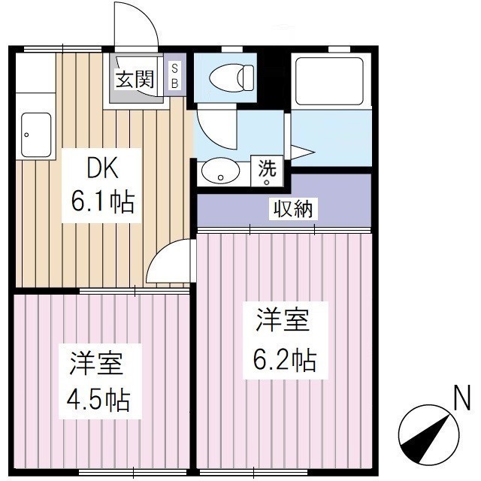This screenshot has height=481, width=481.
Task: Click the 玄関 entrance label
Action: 135,79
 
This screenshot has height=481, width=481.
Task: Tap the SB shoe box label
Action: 174,76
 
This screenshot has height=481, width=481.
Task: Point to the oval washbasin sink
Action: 220,171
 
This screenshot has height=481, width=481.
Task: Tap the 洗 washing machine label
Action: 268,170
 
